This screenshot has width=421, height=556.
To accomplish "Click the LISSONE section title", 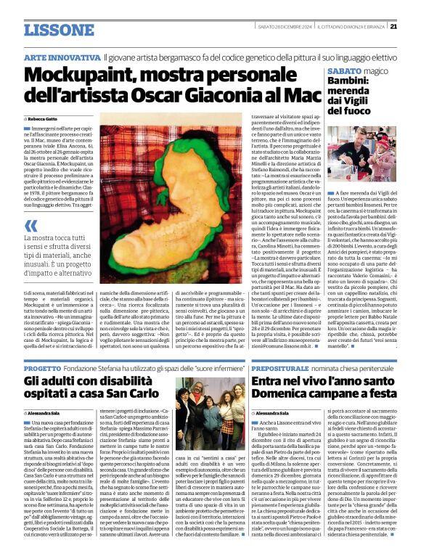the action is pyautogui.click(x=59, y=30).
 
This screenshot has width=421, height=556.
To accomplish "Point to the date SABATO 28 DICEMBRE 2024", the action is pyautogui.click(x=296, y=27).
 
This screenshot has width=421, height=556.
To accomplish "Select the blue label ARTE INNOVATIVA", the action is pyautogui.click(x=62, y=57).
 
